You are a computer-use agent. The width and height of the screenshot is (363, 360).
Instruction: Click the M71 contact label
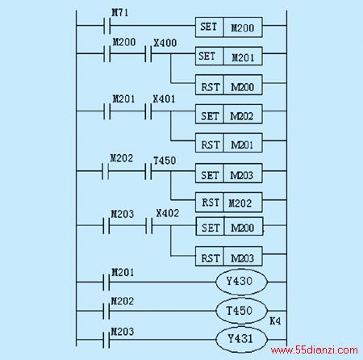[x=120, y=12]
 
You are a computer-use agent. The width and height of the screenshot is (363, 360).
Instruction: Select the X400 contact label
[x=165, y=43]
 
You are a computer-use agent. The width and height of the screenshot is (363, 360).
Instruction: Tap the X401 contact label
[x=164, y=99]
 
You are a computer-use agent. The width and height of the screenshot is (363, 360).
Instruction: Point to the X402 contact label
[x=168, y=213]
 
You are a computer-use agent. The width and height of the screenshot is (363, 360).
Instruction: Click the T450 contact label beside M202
[x=165, y=161]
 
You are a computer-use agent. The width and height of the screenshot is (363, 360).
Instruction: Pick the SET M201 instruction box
[x=229, y=57]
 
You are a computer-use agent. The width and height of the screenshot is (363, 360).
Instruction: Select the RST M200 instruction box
[x=229, y=85]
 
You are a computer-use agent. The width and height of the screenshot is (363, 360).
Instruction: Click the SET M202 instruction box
[x=229, y=114]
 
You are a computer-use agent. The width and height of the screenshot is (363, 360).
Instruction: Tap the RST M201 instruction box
[x=229, y=143]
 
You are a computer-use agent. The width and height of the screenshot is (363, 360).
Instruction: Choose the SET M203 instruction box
[x=229, y=174]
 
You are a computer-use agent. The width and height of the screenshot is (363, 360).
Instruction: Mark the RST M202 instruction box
[x=229, y=203]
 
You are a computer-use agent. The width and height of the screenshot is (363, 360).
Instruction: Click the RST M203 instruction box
[x=229, y=257]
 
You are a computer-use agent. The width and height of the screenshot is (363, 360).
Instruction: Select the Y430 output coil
[x=241, y=282]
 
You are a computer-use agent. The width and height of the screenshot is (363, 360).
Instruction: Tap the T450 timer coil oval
[x=241, y=311]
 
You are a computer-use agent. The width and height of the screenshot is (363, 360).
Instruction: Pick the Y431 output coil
[x=241, y=339]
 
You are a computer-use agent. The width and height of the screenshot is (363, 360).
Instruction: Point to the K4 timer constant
[x=275, y=320]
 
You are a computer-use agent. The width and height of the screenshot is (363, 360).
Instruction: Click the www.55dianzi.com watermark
[x=315, y=350]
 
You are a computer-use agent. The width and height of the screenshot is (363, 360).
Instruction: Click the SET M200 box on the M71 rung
[x=229, y=27]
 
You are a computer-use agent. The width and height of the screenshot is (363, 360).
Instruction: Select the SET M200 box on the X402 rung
[x=229, y=227]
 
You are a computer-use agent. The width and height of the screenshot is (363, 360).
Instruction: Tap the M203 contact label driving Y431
[x=123, y=332]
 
